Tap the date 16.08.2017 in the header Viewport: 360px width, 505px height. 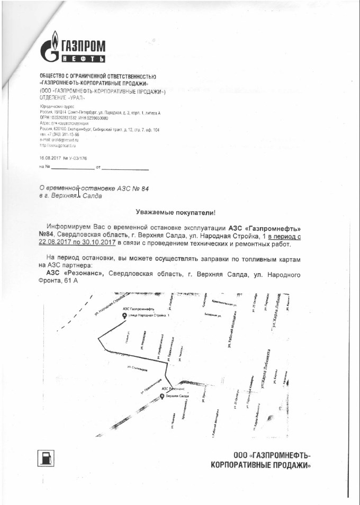(x=50, y=158)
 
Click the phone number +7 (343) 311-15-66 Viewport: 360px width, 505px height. (x=62, y=134)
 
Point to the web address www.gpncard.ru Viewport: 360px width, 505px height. (x=60, y=145)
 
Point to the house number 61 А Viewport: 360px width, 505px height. (x=70, y=281)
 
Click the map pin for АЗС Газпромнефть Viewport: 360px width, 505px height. (x=124, y=316)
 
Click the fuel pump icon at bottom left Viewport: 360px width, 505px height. (x=46, y=457)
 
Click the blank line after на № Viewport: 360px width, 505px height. (x=72, y=168)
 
